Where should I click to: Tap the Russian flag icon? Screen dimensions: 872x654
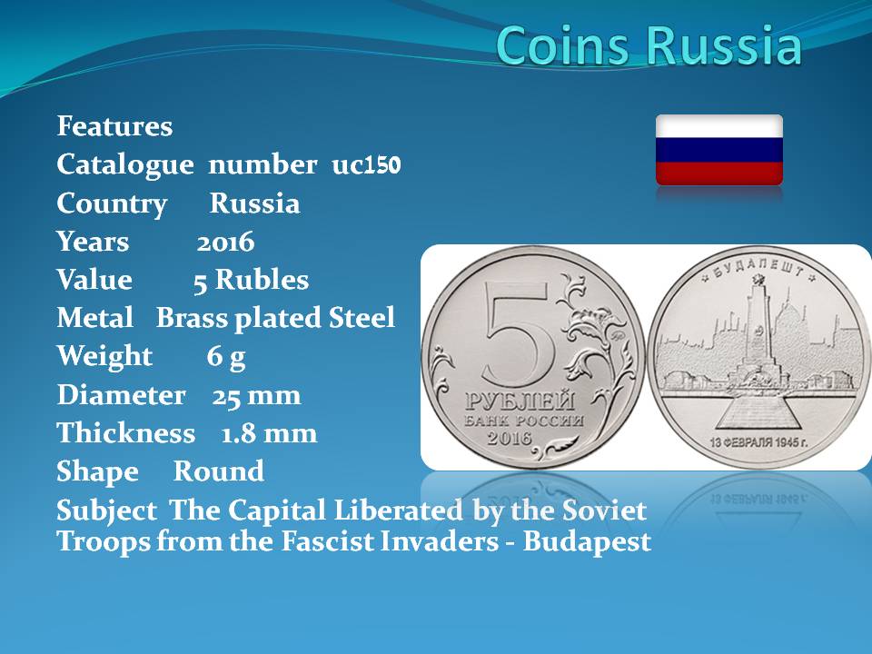[x=719, y=150]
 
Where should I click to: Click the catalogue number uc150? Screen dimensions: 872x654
[x=366, y=165]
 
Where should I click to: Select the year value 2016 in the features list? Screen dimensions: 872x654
[x=225, y=242]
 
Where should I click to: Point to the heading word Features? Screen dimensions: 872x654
[x=114, y=126]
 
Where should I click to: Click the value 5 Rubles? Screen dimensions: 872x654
[x=251, y=280]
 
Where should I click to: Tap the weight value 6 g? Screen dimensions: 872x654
[x=226, y=357]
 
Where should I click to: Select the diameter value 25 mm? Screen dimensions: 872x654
[x=256, y=395]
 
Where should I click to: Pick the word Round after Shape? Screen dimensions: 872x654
[x=219, y=471]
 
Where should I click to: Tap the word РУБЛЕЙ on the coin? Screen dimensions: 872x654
[x=520, y=401]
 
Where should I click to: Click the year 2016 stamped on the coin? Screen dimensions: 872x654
[x=510, y=438]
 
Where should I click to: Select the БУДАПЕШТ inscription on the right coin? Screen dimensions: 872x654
[x=758, y=268]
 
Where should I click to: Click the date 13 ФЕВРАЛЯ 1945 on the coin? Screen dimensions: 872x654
[x=758, y=442]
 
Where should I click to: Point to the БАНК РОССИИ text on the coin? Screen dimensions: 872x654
[x=524, y=421]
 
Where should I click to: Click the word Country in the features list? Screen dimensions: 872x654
[x=112, y=204]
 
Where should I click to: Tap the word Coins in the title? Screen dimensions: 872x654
[x=567, y=45]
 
